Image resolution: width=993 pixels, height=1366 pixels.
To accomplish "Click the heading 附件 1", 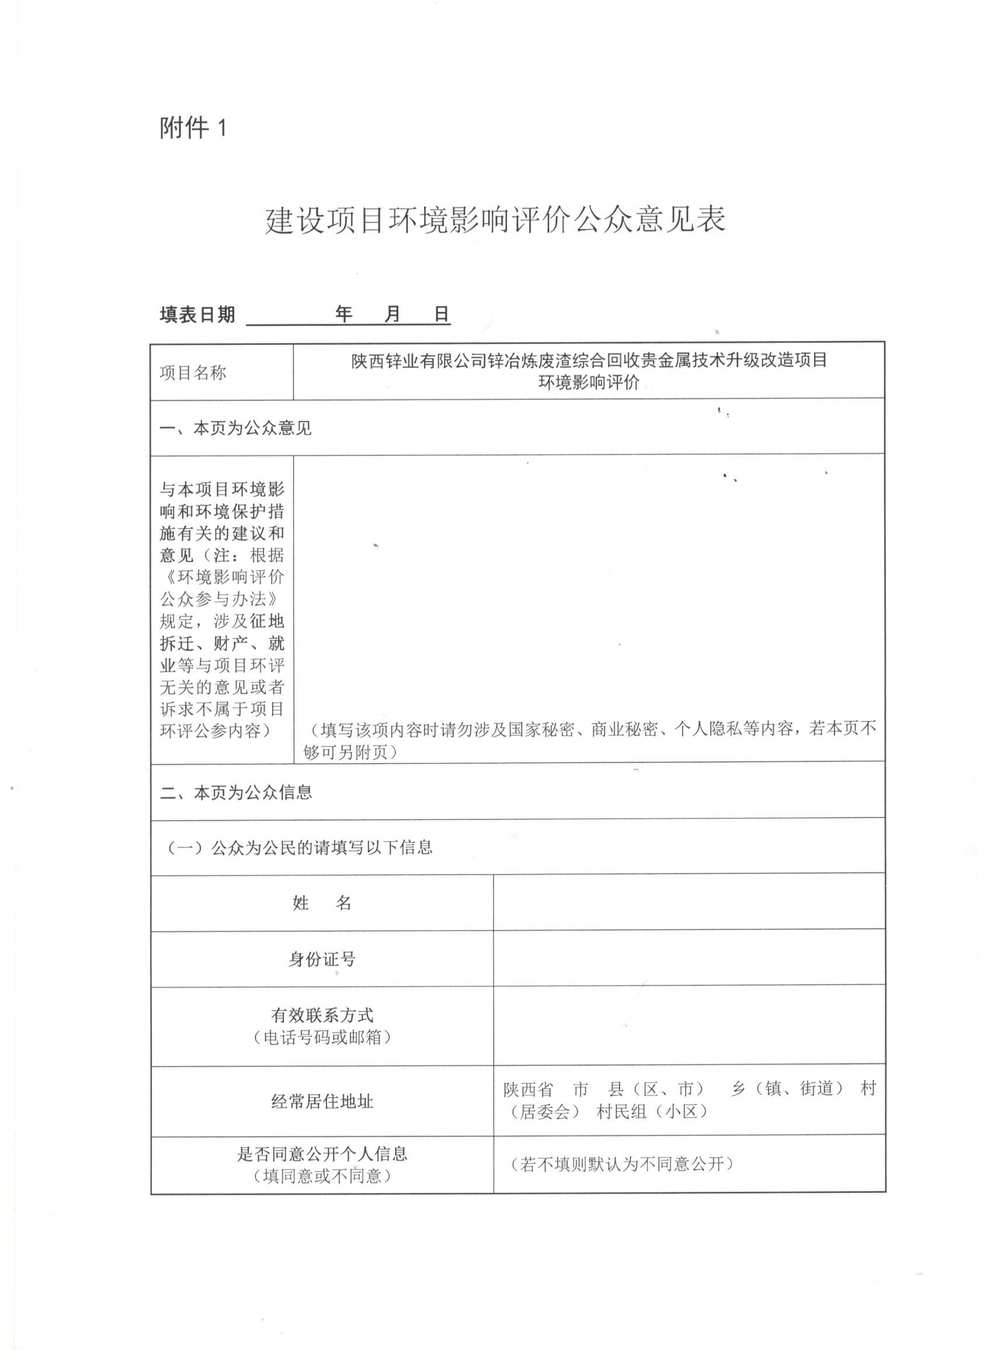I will (x=193, y=128).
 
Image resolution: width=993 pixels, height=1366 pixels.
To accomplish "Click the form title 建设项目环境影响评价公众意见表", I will (x=495, y=220).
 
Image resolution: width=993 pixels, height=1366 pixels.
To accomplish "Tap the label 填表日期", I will (x=197, y=314).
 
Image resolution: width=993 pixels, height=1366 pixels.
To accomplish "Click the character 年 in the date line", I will (x=343, y=314).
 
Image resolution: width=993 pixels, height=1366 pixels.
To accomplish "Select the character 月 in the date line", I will (x=392, y=314).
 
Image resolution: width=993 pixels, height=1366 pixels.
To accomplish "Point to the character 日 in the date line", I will (x=442, y=314).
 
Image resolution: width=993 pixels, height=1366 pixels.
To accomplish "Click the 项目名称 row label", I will (x=193, y=373).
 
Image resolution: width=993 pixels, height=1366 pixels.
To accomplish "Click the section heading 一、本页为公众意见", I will (x=235, y=428).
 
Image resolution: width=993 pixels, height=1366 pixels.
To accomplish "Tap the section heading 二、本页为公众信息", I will (x=235, y=793).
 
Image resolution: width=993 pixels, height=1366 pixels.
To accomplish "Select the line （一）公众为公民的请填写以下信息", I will (x=299, y=847).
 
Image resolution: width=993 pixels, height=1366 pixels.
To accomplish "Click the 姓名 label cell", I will (x=322, y=903).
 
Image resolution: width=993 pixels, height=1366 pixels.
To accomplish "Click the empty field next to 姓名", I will (x=688, y=903).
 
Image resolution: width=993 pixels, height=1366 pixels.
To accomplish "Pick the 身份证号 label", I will (x=322, y=959).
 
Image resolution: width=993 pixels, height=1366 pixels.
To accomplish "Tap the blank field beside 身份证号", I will (x=688, y=959).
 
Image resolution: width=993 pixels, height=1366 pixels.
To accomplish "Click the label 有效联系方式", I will (x=322, y=1015).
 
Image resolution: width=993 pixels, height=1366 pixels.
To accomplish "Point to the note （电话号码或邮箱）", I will (x=322, y=1037).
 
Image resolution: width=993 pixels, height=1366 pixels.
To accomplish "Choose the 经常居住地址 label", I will (x=322, y=1101).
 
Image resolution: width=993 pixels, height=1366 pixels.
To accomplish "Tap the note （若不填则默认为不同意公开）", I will (x=622, y=1164).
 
